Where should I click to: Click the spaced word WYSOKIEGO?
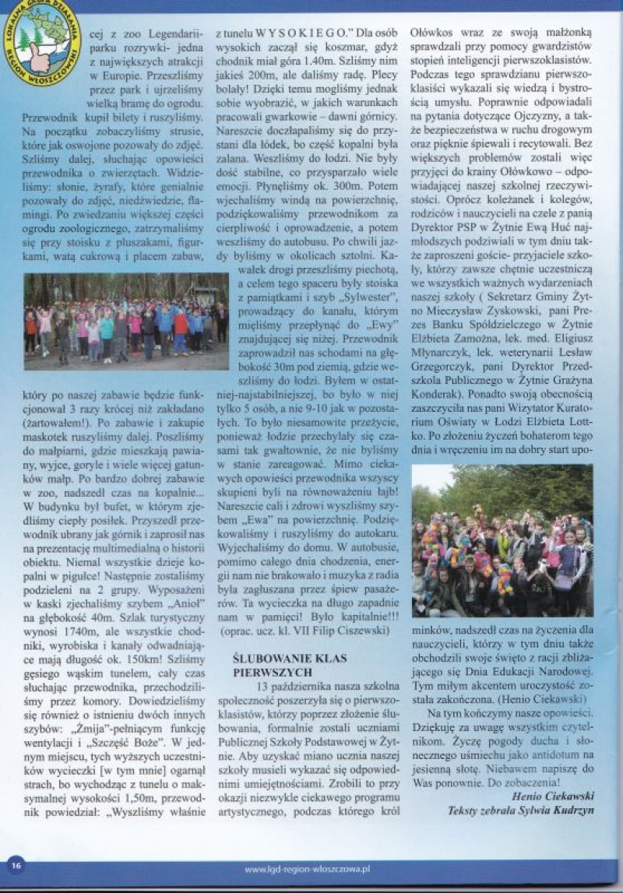pos(305,33)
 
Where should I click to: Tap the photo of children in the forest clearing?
pos(125,321)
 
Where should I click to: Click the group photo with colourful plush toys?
pos(502,540)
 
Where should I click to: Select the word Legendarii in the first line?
pos(171,33)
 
